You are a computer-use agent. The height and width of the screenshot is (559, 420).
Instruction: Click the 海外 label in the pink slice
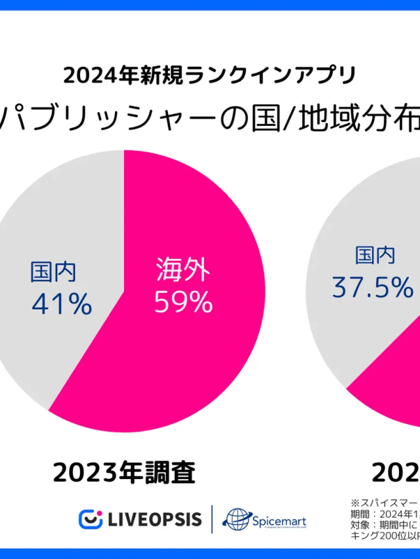pyautogui.click(x=183, y=269)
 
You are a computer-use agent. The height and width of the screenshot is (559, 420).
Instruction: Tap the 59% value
pyautogui.click(x=183, y=302)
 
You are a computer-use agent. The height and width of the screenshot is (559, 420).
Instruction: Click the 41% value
pyautogui.click(x=62, y=304)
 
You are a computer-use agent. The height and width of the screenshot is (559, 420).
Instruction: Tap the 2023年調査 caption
pyautogui.click(x=125, y=472)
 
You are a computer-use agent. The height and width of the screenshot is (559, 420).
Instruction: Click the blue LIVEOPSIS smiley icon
pyautogui.click(x=91, y=519)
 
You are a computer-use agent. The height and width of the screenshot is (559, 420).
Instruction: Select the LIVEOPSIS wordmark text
pyautogui.click(x=155, y=519)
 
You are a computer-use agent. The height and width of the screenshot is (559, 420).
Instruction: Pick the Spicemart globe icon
pyautogui.click(x=235, y=520)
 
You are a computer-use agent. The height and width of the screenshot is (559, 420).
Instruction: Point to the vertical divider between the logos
pyautogui.click(x=211, y=519)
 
